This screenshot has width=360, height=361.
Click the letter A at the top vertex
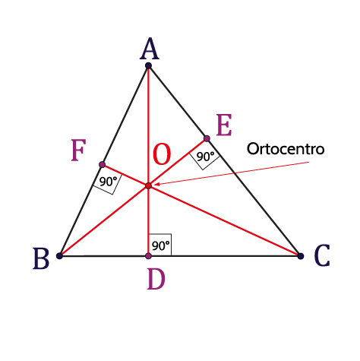(x=150, y=49)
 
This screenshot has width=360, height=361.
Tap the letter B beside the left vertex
(x=41, y=258)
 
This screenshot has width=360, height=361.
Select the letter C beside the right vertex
(x=322, y=255)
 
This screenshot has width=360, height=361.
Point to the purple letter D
(x=156, y=279)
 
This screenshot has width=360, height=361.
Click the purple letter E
(x=224, y=125)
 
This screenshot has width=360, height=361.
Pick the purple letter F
(x=78, y=150)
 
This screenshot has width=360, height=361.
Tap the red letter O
(x=162, y=154)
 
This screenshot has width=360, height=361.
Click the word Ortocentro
(x=286, y=149)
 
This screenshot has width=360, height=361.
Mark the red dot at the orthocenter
(x=149, y=185)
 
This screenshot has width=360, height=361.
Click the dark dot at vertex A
(x=149, y=66)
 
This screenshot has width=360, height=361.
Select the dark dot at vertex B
(x=59, y=256)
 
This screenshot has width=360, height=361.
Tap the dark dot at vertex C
(x=301, y=256)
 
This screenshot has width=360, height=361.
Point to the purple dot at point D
(x=149, y=256)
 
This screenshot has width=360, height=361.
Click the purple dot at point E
(x=207, y=138)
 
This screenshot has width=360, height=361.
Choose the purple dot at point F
(x=102, y=165)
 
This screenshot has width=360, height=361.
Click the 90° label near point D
(x=161, y=245)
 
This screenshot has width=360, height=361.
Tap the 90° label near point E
(x=205, y=157)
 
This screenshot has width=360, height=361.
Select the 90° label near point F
(x=108, y=182)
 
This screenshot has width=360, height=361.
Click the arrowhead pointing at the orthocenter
(x=157, y=184)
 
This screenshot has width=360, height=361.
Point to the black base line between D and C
(x=225, y=256)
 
